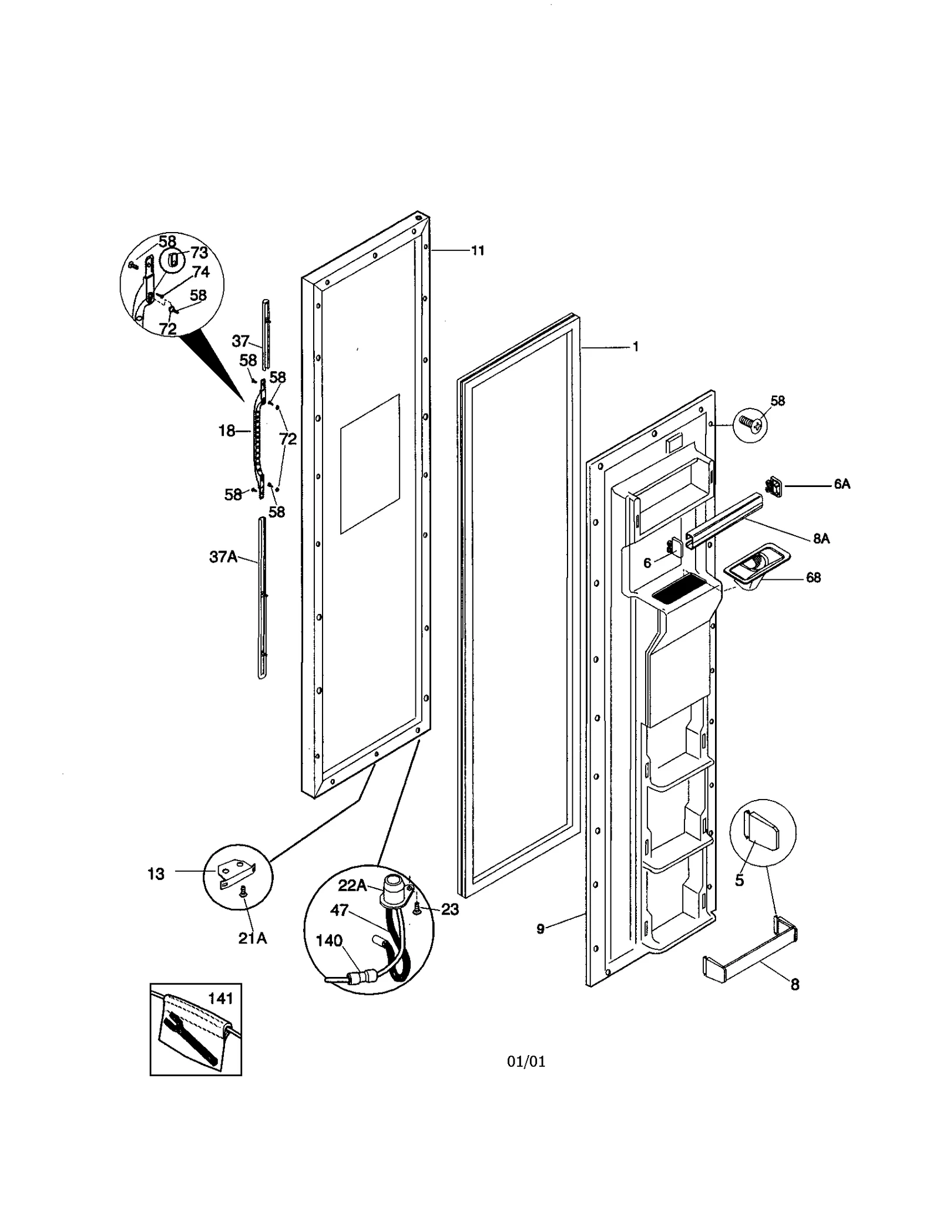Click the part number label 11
point(478,251)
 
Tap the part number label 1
point(635,347)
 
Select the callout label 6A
point(841,484)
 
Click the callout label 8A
point(821,538)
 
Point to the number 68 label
point(813,577)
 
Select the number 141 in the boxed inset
point(220,998)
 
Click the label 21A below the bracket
point(252,938)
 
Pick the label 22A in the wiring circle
point(352,885)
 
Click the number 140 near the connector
point(329,941)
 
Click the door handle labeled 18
point(258,438)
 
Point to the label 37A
point(223,556)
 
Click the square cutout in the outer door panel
point(370,464)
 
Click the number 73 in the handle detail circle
point(199,253)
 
